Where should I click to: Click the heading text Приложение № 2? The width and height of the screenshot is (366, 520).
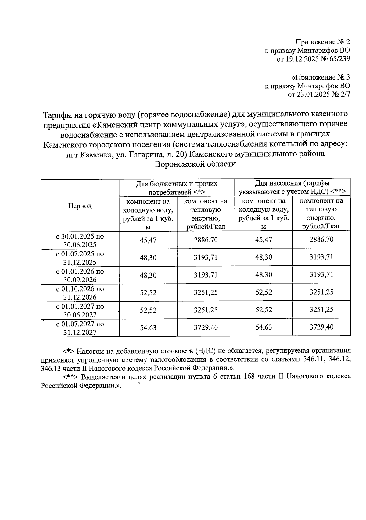click(x=323, y=42)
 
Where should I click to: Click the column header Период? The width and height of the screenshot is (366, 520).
click(x=80, y=206)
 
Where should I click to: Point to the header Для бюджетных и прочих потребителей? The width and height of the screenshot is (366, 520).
click(x=177, y=188)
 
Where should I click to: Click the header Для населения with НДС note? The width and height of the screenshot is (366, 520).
click(x=292, y=188)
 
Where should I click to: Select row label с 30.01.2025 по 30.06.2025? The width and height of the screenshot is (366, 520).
click(x=80, y=240)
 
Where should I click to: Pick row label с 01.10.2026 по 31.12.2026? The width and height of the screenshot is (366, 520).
click(x=80, y=293)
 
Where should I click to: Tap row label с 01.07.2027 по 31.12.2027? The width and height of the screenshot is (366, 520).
click(x=80, y=328)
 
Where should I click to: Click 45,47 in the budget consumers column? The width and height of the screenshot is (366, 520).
click(x=148, y=240)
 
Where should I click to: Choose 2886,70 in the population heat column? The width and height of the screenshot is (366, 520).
click(x=321, y=239)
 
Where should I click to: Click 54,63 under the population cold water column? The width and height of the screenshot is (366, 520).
click(x=264, y=327)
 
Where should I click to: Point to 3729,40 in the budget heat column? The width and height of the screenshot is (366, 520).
click(x=206, y=327)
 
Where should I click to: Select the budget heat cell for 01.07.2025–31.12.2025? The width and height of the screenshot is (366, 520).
click(x=206, y=257)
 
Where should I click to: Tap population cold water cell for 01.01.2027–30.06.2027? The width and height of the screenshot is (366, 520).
click(x=264, y=310)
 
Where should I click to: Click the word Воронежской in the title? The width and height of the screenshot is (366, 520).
click(x=178, y=164)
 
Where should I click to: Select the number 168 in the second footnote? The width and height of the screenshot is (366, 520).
click(x=249, y=377)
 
